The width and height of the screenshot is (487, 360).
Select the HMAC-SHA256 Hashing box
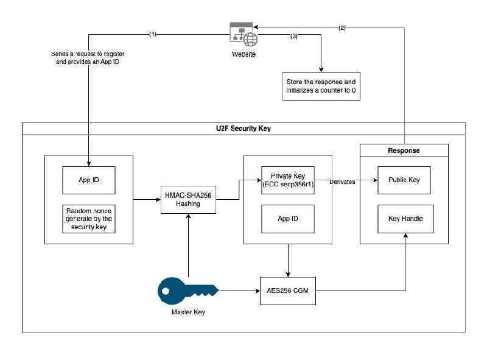coord(189,199)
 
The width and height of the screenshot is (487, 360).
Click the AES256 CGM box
coord(288,291)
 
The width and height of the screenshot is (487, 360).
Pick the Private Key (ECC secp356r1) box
coord(287,180)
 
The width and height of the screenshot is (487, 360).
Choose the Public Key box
coord(404,180)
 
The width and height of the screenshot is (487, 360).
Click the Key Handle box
coord(404,218)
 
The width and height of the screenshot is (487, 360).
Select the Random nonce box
coord(89,219)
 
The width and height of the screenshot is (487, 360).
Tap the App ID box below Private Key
coord(287,218)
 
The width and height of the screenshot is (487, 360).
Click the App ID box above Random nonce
coord(89,180)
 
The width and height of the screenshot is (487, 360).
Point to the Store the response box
coord(320,86)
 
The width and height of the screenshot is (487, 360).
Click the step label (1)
coord(152,34)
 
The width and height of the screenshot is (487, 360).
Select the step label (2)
coord(342,28)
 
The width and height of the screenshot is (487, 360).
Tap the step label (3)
coord(294,37)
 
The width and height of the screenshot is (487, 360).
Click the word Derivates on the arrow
coord(343,182)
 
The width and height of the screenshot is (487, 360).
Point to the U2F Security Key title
coord(243,129)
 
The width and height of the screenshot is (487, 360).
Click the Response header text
coord(404,150)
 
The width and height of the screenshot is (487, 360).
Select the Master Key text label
coord(187,312)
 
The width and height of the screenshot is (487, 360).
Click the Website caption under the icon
coord(243,54)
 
